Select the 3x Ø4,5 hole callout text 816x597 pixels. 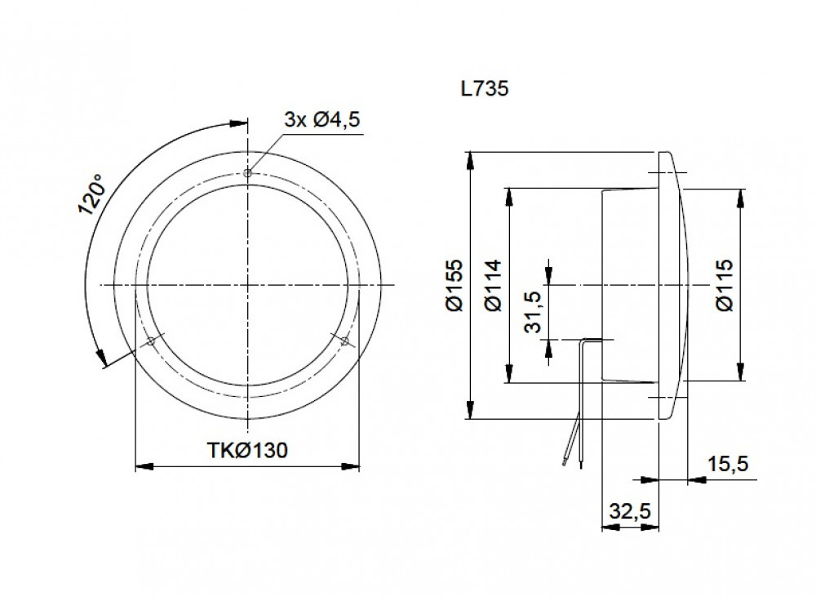click(x=322, y=119)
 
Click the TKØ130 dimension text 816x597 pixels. click(x=246, y=450)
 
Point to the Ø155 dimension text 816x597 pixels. click(x=455, y=285)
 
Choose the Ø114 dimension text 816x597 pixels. click(x=493, y=285)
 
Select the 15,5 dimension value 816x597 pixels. click(x=728, y=465)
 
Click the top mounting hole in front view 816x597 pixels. click(x=246, y=173)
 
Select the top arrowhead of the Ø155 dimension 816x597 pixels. click(x=470, y=159)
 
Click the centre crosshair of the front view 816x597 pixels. click(x=246, y=285)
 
